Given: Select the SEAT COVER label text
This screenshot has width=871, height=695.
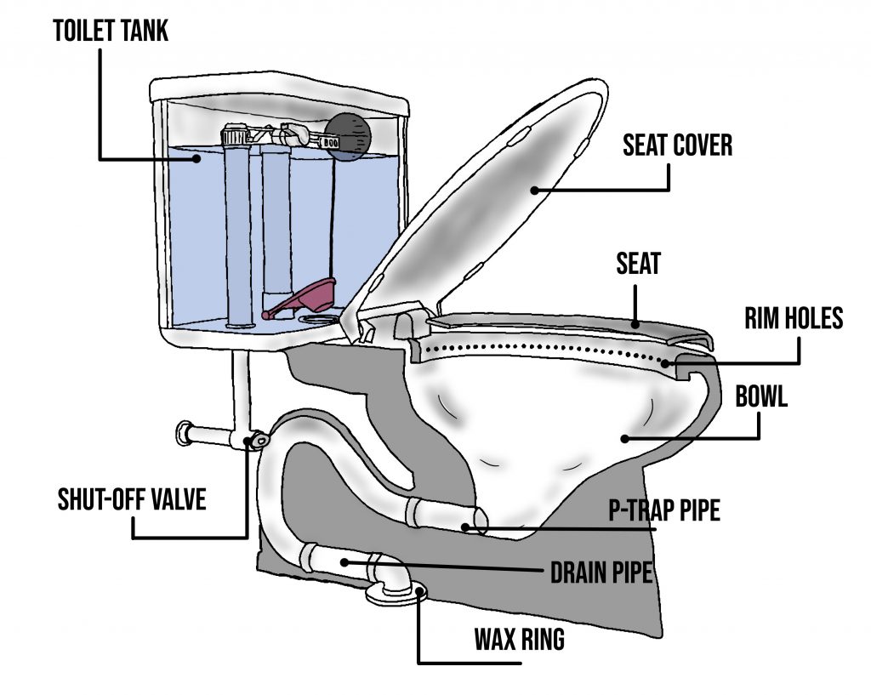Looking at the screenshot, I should [677, 145].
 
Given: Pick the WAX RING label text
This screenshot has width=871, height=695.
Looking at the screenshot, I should [519, 640].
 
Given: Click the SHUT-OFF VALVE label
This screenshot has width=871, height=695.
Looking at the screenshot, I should [132, 498].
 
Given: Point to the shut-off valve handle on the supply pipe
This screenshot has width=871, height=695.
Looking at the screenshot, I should [254, 440].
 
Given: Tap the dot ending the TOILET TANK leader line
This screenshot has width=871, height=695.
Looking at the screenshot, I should [196, 158].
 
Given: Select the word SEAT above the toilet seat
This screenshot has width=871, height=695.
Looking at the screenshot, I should [638, 265].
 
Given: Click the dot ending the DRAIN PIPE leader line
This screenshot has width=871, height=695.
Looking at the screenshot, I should [344, 562].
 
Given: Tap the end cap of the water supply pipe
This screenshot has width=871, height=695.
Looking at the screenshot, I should [184, 432].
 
